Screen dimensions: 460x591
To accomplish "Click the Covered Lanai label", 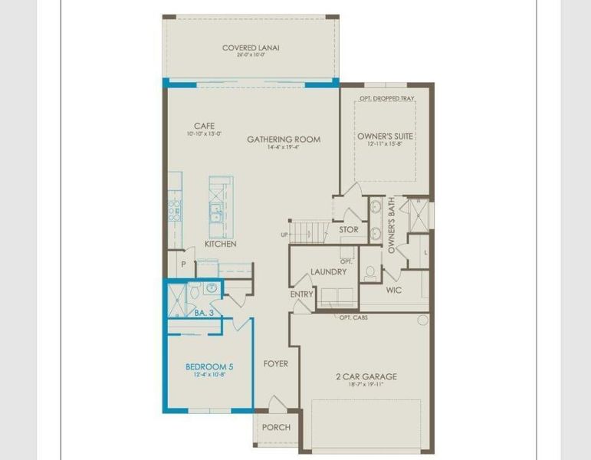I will click(251, 48).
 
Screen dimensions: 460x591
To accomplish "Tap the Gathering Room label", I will click(284, 140).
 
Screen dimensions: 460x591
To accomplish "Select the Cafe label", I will click(203, 126).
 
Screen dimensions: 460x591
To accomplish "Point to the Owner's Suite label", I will click(386, 136).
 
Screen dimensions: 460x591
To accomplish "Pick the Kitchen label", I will click(220, 244).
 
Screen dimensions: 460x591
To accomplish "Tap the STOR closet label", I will click(348, 229).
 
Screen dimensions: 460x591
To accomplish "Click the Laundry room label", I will click(328, 271).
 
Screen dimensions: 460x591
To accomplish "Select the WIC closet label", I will click(394, 291).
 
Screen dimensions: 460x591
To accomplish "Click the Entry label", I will click(301, 294).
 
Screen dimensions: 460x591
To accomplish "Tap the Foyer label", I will click(275, 363).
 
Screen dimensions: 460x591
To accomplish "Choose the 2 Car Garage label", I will click(366, 376).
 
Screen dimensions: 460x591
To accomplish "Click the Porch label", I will click(276, 427).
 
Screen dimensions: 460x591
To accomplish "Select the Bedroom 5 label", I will click(208, 367).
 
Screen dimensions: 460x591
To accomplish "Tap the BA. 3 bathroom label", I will click(202, 313).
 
